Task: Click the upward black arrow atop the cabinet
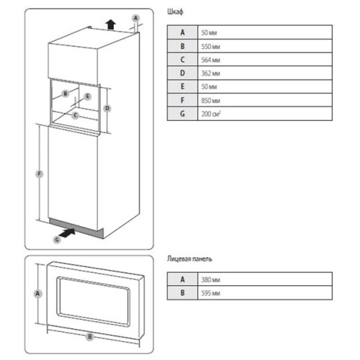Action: pyautogui.click(x=110, y=24)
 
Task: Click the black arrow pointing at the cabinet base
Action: pyautogui.click(x=67, y=233)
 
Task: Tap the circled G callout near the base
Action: pyautogui.click(x=57, y=240)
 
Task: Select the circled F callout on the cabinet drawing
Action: pyautogui.click(x=40, y=174)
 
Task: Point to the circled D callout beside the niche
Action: pyautogui.click(x=107, y=108)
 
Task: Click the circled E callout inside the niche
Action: pyautogui.click(x=88, y=96)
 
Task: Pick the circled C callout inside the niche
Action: pyautogui.click(x=76, y=115)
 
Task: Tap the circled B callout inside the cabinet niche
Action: pyautogui.click(x=66, y=94)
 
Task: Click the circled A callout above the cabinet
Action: pyautogui.click(x=136, y=18)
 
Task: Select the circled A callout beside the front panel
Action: pyautogui.click(x=37, y=294)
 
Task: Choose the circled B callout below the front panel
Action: pyautogui.click(x=90, y=336)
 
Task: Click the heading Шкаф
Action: pyautogui.click(x=175, y=12)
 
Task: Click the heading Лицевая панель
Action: pyautogui.click(x=189, y=258)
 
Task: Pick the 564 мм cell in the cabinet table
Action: pyautogui.click(x=210, y=60)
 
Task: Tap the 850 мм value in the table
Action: pyautogui.click(x=210, y=100)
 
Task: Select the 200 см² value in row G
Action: pyautogui.click(x=211, y=114)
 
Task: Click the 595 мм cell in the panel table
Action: pyautogui.click(x=210, y=293)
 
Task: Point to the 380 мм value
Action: pyautogui.click(x=210, y=279)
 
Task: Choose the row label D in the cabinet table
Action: pyautogui.click(x=182, y=73)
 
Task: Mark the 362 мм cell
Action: pyautogui.click(x=210, y=73)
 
